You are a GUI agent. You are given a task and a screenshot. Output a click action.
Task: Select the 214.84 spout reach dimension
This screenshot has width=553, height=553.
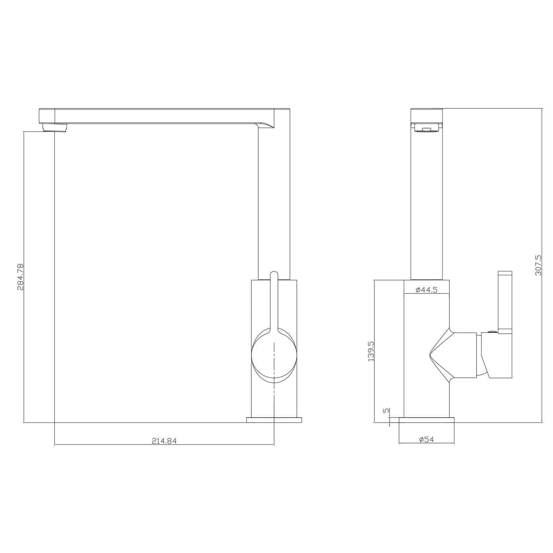(x=164, y=441)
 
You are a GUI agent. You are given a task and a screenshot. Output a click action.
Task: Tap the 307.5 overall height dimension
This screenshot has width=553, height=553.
(x=538, y=265)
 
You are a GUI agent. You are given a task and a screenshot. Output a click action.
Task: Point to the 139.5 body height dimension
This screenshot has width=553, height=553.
(x=371, y=351)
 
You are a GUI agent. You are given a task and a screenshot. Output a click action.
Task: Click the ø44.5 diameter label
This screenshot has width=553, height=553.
(x=427, y=290)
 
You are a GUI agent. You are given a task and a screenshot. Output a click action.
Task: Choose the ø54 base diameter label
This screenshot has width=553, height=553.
(x=426, y=439)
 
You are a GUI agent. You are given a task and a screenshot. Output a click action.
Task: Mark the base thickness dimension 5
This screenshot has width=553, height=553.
(x=386, y=411)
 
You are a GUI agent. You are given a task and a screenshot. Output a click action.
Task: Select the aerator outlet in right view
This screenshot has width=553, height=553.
(x=427, y=130)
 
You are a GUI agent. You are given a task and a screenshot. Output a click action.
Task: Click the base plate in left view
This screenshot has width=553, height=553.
(x=274, y=420)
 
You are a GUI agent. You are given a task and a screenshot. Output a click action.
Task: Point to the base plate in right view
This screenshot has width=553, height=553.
(x=426, y=420)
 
